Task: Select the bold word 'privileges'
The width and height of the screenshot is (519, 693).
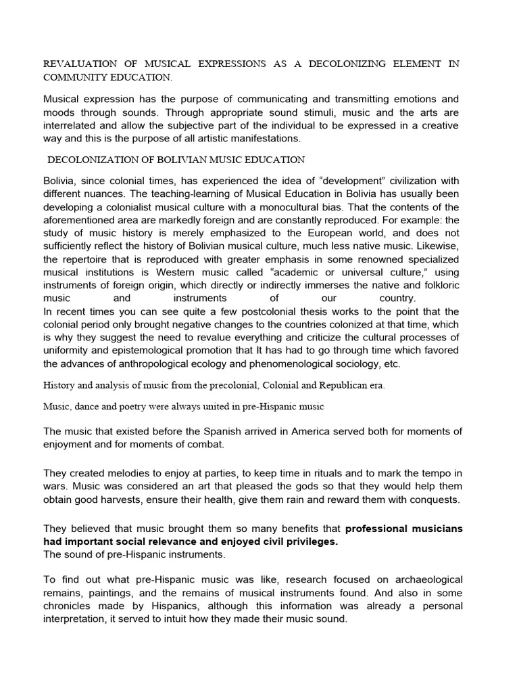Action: (303, 541)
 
